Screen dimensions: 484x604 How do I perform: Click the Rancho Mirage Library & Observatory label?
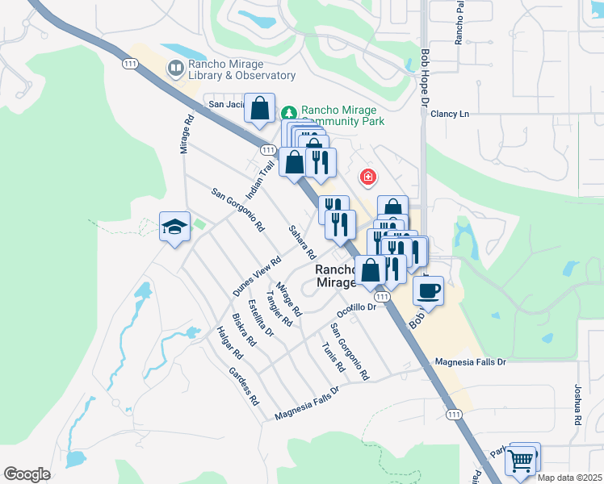point(241,69)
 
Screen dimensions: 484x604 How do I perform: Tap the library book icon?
point(175,69)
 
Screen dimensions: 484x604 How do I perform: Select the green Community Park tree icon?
point(290,113)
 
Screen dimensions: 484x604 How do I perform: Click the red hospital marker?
point(367,176)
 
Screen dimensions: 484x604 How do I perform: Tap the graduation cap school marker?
point(174,227)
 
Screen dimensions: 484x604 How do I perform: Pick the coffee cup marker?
point(428,289)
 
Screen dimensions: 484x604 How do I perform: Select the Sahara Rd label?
point(301,241)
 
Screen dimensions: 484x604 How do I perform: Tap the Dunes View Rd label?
point(257,277)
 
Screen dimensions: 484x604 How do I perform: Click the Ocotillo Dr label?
point(357,308)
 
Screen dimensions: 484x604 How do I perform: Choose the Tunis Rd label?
point(333,357)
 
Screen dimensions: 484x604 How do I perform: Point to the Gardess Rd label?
point(243,386)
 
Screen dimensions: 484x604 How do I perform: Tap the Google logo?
point(27,474)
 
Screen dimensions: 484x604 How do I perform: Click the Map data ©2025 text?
point(569,478)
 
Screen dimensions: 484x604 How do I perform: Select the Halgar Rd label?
point(229,342)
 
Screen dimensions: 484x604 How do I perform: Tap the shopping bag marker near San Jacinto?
point(259,109)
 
